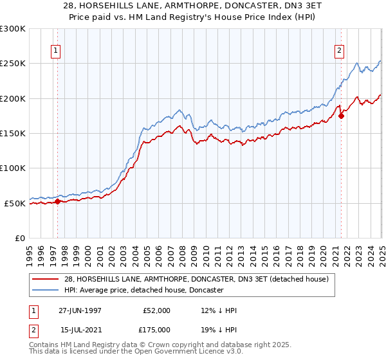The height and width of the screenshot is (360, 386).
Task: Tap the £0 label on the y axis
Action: (x=20, y=238)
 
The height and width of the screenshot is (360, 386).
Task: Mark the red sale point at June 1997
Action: (x=57, y=201)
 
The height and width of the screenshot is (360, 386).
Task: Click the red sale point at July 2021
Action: (x=341, y=116)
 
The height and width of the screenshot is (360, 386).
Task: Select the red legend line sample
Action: (x=46, y=279)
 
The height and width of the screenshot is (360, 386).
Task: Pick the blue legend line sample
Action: (x=46, y=290)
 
